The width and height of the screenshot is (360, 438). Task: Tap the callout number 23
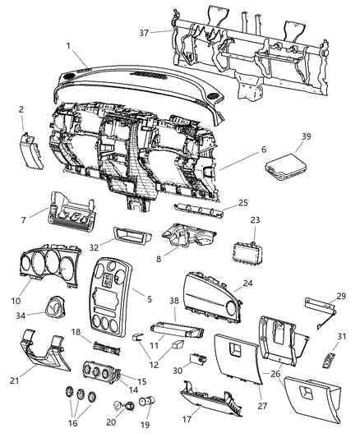[x=256, y=219]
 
